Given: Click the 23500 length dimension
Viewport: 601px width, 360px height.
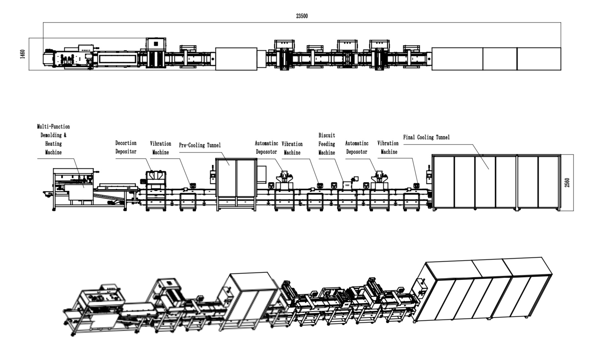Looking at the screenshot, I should click(x=302, y=16).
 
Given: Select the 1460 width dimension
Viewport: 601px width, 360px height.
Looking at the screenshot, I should click(x=22, y=54).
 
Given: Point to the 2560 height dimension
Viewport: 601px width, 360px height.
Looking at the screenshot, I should click(x=567, y=183).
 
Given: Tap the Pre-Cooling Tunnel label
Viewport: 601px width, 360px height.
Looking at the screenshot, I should click(x=200, y=145).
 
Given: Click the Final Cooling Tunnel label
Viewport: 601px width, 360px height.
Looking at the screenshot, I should click(x=426, y=137).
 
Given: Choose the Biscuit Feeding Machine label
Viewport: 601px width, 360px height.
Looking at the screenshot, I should click(x=327, y=144).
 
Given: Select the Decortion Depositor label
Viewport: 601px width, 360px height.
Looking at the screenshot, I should click(x=126, y=147).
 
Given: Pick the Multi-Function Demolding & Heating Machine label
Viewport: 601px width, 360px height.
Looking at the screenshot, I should click(x=53, y=140).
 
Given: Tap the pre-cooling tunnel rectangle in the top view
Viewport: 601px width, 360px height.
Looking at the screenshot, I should click(x=236, y=59).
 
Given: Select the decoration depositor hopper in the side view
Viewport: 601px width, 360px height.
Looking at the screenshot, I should click(x=156, y=176).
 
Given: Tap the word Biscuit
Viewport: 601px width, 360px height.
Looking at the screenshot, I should click(x=327, y=135).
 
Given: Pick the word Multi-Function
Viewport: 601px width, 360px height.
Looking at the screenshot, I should click(x=53, y=127).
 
